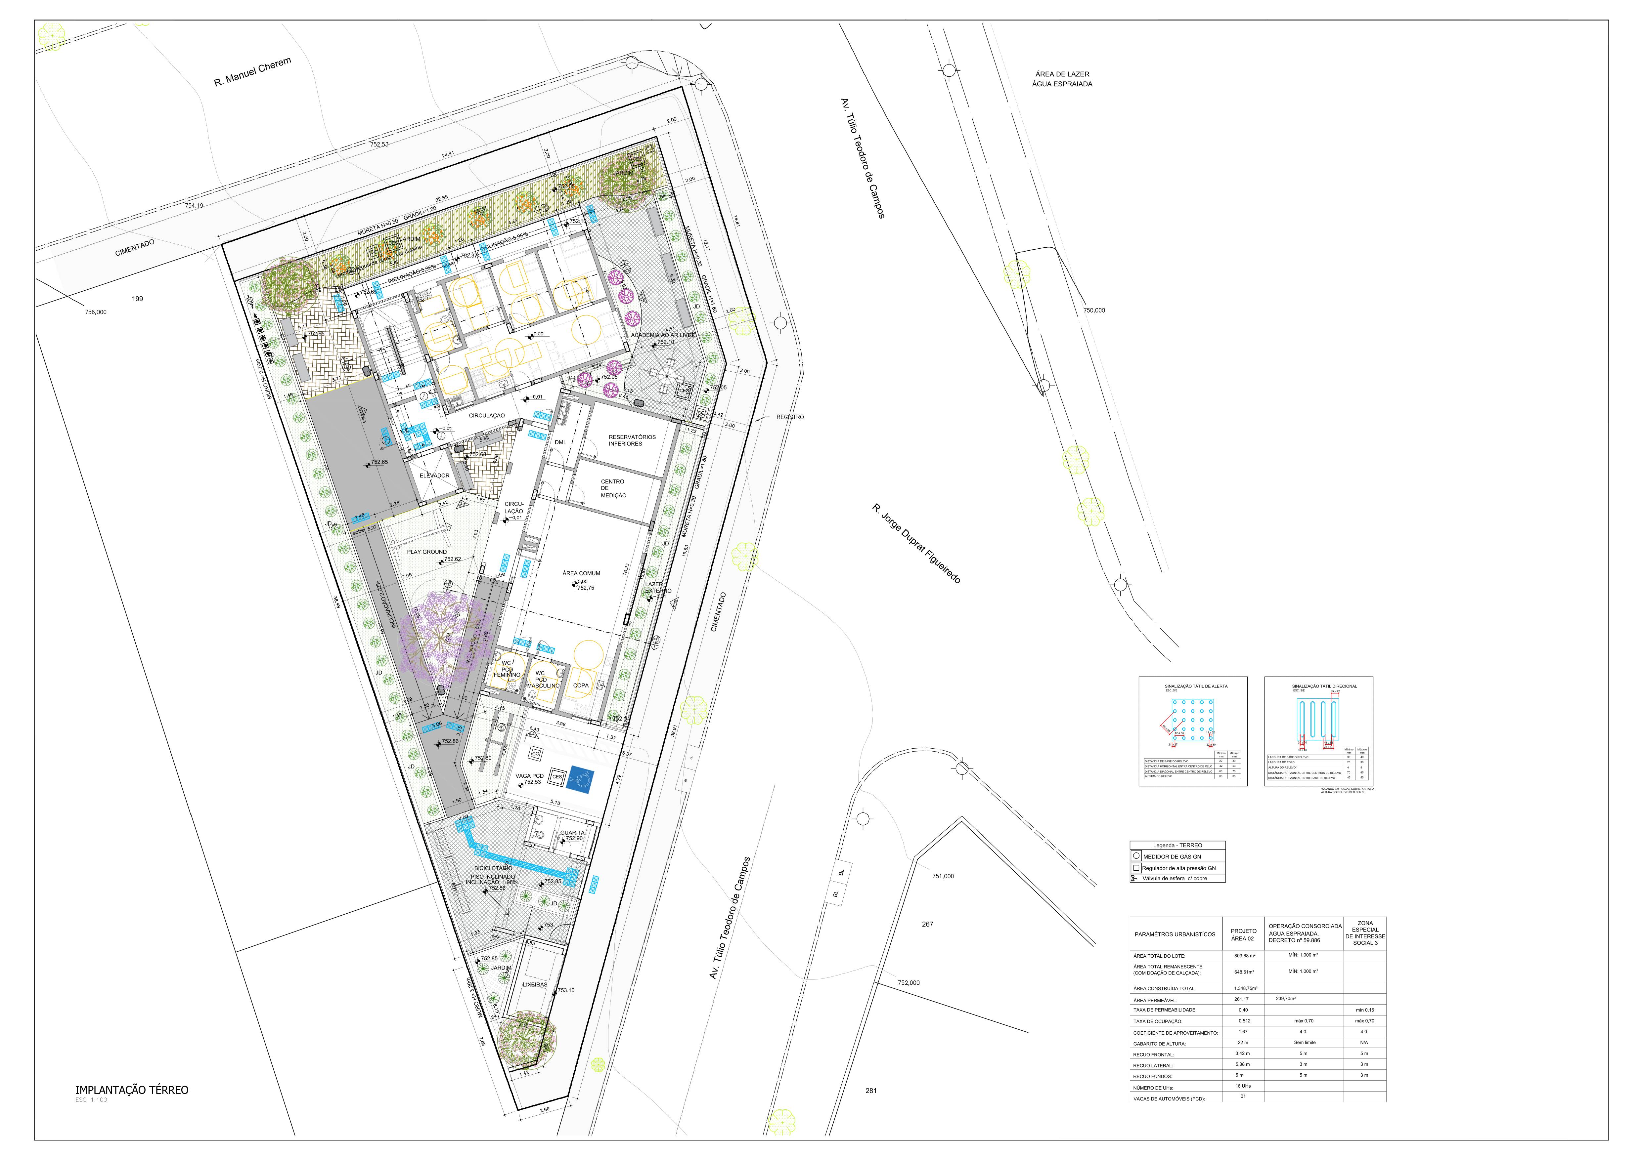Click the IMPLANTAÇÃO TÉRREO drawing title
tap(132, 1090)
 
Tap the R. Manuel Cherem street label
tap(253, 72)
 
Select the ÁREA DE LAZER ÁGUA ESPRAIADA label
tap(1062, 79)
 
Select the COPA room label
tap(581, 685)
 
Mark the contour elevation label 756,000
tap(96, 312)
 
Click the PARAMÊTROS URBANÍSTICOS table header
tap(1174, 934)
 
